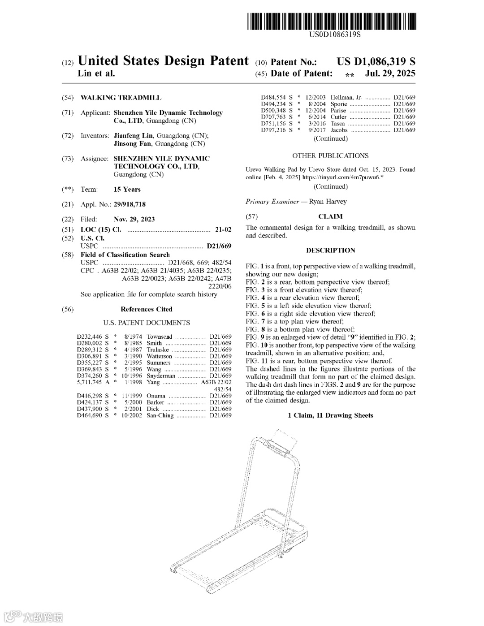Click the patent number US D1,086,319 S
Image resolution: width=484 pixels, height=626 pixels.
coord(376,62)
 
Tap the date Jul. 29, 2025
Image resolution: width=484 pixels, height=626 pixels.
coord(390,73)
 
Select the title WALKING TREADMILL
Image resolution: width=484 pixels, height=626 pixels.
coord(121,98)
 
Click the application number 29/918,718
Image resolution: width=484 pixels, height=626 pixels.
coord(130,204)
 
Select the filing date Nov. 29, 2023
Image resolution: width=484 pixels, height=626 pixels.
coord(134,219)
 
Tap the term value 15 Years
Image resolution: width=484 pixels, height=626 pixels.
coord(127,190)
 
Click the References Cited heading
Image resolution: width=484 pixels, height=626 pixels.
coord(146,309)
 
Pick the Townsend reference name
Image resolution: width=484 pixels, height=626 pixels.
coord(159,337)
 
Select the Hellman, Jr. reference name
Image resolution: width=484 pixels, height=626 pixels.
coord(346,97)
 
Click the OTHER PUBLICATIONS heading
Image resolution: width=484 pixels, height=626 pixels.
coord(330,156)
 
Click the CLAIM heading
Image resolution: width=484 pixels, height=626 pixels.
coord(330,216)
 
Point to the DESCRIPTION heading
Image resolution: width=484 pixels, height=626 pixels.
coord(330,250)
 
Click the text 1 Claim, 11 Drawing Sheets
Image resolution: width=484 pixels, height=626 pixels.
coord(330,415)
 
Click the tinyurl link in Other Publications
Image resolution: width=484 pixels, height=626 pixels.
coord(342,177)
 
